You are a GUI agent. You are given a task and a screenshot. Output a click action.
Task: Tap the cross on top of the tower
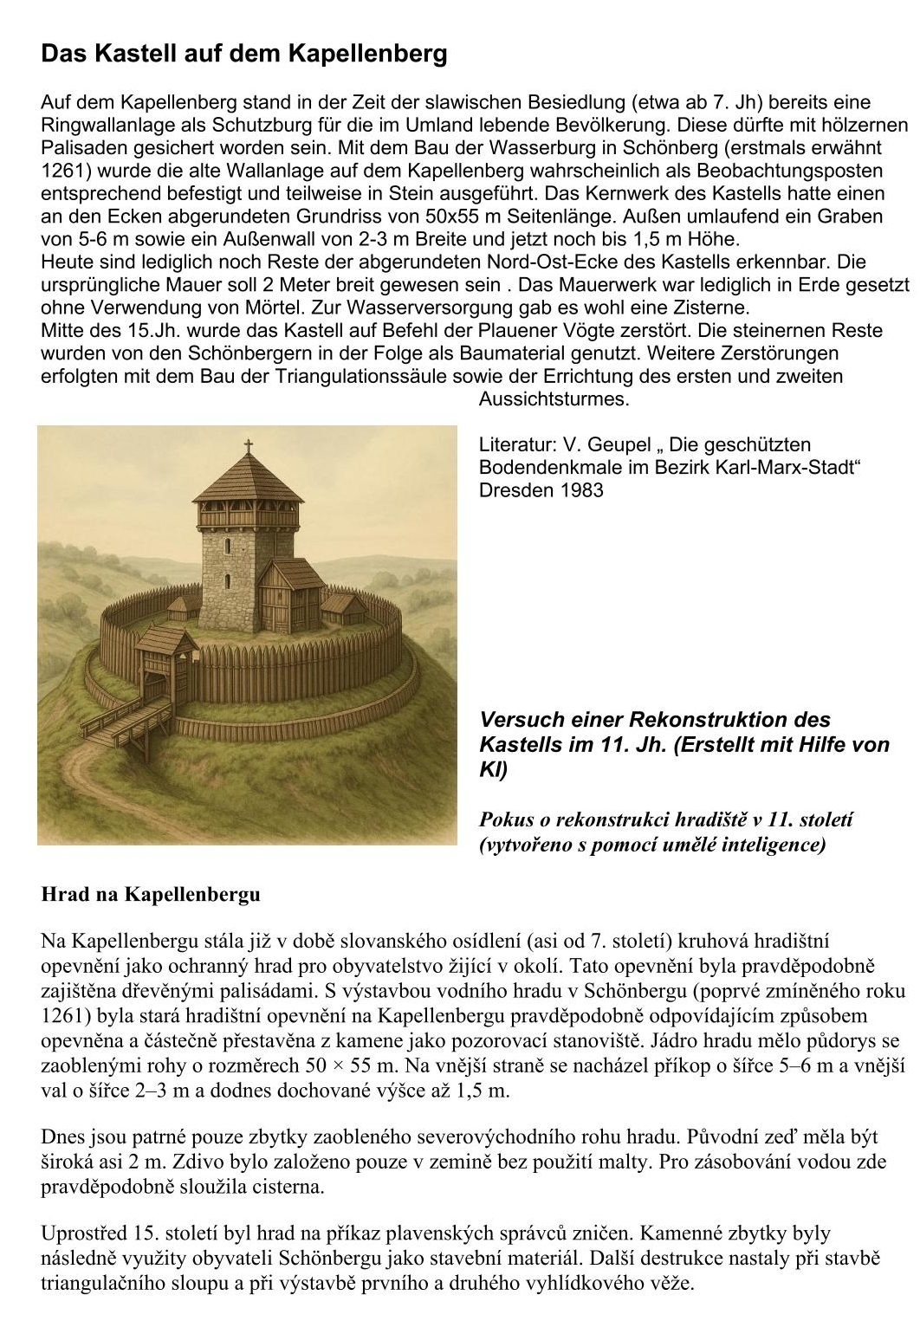pos(249,447)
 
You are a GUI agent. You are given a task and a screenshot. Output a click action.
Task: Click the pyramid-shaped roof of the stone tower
pos(249,482)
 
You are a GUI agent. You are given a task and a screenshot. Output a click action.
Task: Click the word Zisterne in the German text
pos(709,308)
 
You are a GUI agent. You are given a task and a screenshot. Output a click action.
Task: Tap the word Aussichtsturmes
pos(554,399)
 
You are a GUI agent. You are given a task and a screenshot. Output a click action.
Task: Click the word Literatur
pos(516,445)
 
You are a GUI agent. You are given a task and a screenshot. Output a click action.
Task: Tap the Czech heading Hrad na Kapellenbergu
pos(151,894)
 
